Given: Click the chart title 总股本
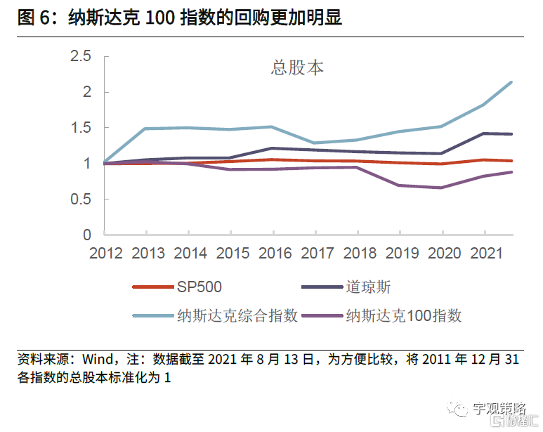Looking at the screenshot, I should (297, 67).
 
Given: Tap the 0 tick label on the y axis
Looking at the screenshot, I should (86, 235).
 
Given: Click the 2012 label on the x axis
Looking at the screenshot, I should (106, 254).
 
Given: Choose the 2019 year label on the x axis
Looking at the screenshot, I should (400, 254).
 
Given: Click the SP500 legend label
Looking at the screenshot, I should (199, 287).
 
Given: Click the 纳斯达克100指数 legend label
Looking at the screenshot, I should (404, 315).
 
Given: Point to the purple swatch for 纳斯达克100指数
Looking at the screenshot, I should (321, 315).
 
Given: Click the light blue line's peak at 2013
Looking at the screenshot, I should (147, 129).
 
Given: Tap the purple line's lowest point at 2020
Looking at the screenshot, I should (442, 188).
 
